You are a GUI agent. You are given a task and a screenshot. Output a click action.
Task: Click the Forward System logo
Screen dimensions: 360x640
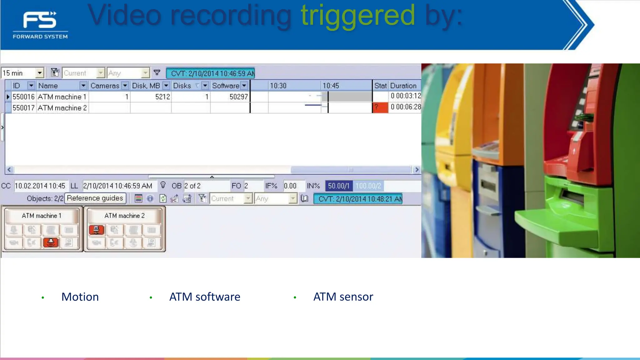point(40,25)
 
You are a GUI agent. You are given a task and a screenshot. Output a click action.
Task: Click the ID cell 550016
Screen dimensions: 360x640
point(23,97)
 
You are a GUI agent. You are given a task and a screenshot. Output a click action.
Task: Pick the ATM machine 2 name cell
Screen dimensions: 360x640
point(62,108)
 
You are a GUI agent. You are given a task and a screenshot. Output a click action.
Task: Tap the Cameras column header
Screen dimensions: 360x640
point(105,86)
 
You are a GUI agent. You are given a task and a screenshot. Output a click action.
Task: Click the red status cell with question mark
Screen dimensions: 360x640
point(380,107)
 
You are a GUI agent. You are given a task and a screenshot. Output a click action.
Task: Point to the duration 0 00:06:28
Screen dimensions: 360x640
point(405,107)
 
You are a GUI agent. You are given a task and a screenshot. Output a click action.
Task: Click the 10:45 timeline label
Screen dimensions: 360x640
point(331,86)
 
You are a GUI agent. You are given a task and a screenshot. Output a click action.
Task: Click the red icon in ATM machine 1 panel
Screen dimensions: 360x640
point(51,242)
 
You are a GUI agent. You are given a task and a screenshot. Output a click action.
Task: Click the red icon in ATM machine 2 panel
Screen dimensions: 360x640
point(97,230)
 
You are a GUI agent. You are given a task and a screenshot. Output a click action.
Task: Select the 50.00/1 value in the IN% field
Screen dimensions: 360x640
point(338,186)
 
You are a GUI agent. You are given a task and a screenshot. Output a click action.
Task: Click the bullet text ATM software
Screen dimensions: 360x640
point(205,297)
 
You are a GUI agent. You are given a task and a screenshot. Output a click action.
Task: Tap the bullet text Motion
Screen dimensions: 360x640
point(80,297)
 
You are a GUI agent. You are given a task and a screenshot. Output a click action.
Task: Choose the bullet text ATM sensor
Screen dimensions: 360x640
point(343,297)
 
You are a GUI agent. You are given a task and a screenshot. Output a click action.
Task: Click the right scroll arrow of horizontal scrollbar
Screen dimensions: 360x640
point(416,170)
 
